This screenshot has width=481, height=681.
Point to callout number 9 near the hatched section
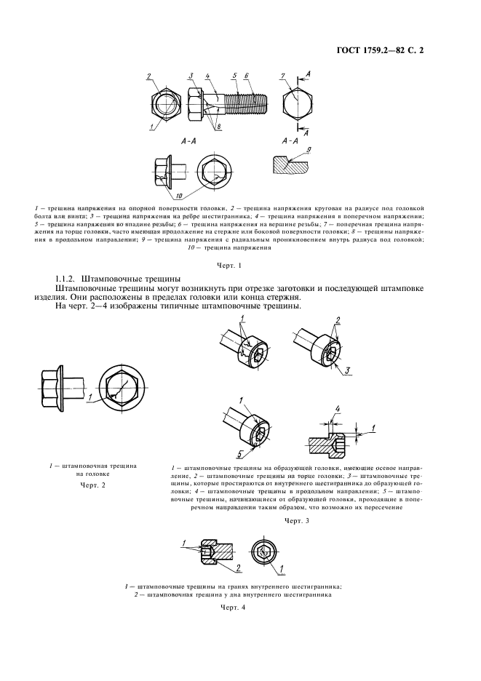[x=308, y=151]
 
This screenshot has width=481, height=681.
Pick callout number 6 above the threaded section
[x=247, y=76]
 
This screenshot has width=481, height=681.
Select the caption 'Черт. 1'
[x=229, y=266]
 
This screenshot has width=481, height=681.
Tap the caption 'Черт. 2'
[x=92, y=485]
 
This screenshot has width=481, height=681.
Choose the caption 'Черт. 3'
[x=296, y=520]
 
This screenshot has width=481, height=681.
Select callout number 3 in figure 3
[x=348, y=370]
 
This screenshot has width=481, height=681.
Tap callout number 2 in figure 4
[x=238, y=567]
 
